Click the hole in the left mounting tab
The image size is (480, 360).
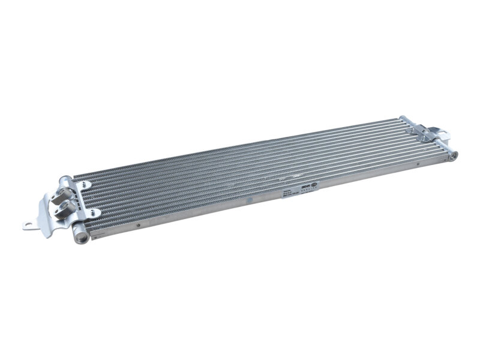point(27,226)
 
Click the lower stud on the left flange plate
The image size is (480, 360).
point(92,211)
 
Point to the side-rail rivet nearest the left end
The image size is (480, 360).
point(139,226)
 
